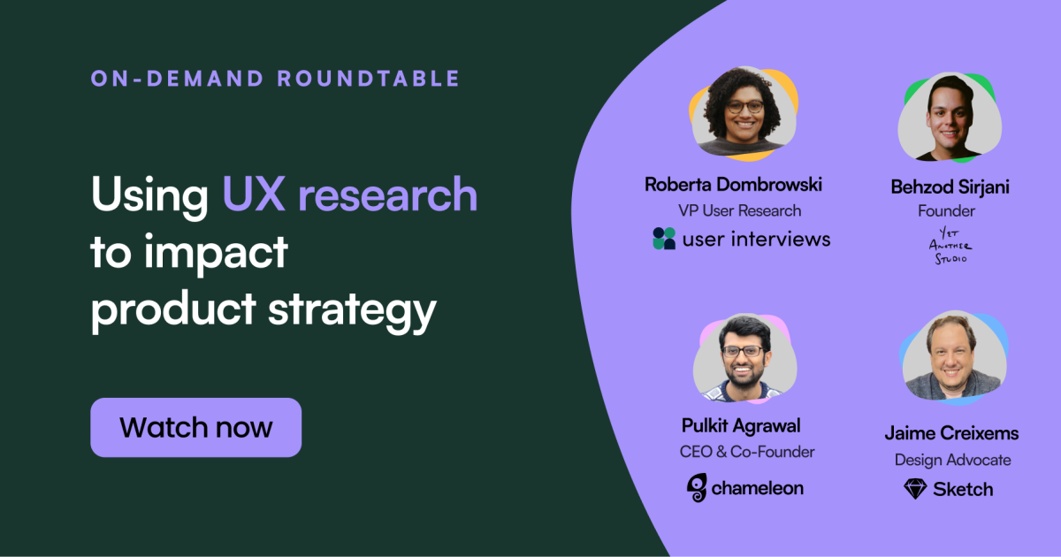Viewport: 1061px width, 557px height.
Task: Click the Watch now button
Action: (x=195, y=428)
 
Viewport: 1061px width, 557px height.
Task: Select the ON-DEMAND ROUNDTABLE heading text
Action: (x=275, y=78)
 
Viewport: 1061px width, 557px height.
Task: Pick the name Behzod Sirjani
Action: (x=950, y=187)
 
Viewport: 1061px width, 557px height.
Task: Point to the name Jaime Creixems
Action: (x=951, y=433)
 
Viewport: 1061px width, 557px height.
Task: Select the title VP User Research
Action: (x=739, y=210)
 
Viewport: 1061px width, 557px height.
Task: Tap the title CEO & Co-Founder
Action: (x=746, y=452)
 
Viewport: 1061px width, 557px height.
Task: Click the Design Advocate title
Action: (x=951, y=460)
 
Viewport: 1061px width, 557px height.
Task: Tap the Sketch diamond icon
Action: (x=914, y=489)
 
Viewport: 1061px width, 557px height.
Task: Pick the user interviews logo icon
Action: (x=664, y=239)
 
